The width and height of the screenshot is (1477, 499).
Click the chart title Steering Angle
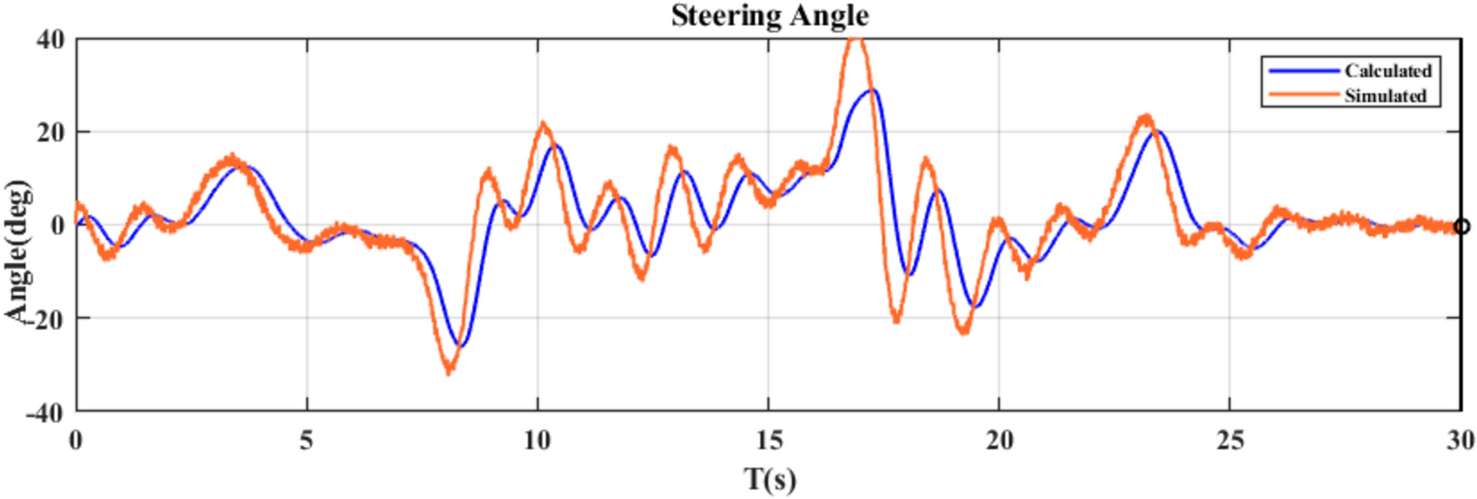pyautogui.click(x=769, y=15)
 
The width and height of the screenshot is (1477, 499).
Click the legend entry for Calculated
pyautogui.click(x=1388, y=71)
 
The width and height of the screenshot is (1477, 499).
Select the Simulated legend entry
pyautogui.click(x=1385, y=96)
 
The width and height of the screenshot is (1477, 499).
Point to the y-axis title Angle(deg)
pyautogui.click(x=18, y=252)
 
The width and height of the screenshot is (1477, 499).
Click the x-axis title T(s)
pyautogui.click(x=769, y=478)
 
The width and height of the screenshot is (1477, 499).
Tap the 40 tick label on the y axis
pyautogui.click(x=50, y=39)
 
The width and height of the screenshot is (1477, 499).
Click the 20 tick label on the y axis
pyautogui.click(x=50, y=132)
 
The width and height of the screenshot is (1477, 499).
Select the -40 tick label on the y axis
pyautogui.click(x=45, y=412)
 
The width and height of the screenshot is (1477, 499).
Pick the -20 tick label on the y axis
pyautogui.click(x=45, y=319)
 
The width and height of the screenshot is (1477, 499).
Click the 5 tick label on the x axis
pyautogui.click(x=306, y=441)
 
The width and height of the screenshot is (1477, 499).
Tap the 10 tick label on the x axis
pyautogui.click(x=537, y=441)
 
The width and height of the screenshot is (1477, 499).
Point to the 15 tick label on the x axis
pyautogui.click(x=768, y=441)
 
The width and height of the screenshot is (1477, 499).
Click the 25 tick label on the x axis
pyautogui.click(x=1230, y=441)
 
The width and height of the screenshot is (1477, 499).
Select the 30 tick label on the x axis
pyautogui.click(x=1460, y=441)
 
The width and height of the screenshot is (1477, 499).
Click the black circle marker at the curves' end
pyautogui.click(x=1461, y=226)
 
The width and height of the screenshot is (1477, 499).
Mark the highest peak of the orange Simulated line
pyautogui.click(x=856, y=39)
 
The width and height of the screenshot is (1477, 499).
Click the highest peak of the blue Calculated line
pyautogui.click(x=872, y=90)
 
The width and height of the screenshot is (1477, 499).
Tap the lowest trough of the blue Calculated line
pyautogui.click(x=460, y=346)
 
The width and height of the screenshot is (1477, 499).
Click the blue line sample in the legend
pyautogui.click(x=1304, y=71)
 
